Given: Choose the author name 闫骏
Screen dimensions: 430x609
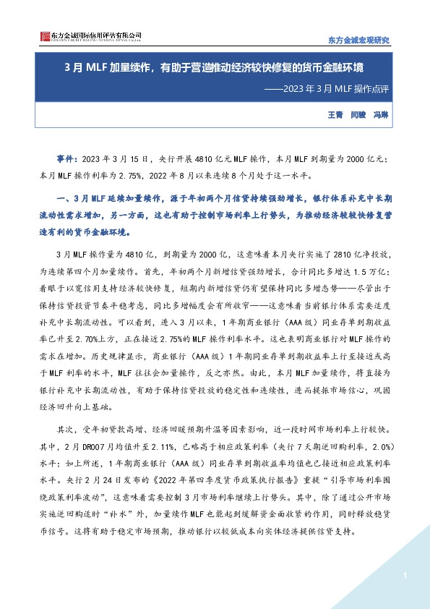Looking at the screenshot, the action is tap(358, 115).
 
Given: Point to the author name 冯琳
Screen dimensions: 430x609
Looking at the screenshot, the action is tap(381, 115).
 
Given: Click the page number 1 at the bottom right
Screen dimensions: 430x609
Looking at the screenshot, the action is tap(406, 575).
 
